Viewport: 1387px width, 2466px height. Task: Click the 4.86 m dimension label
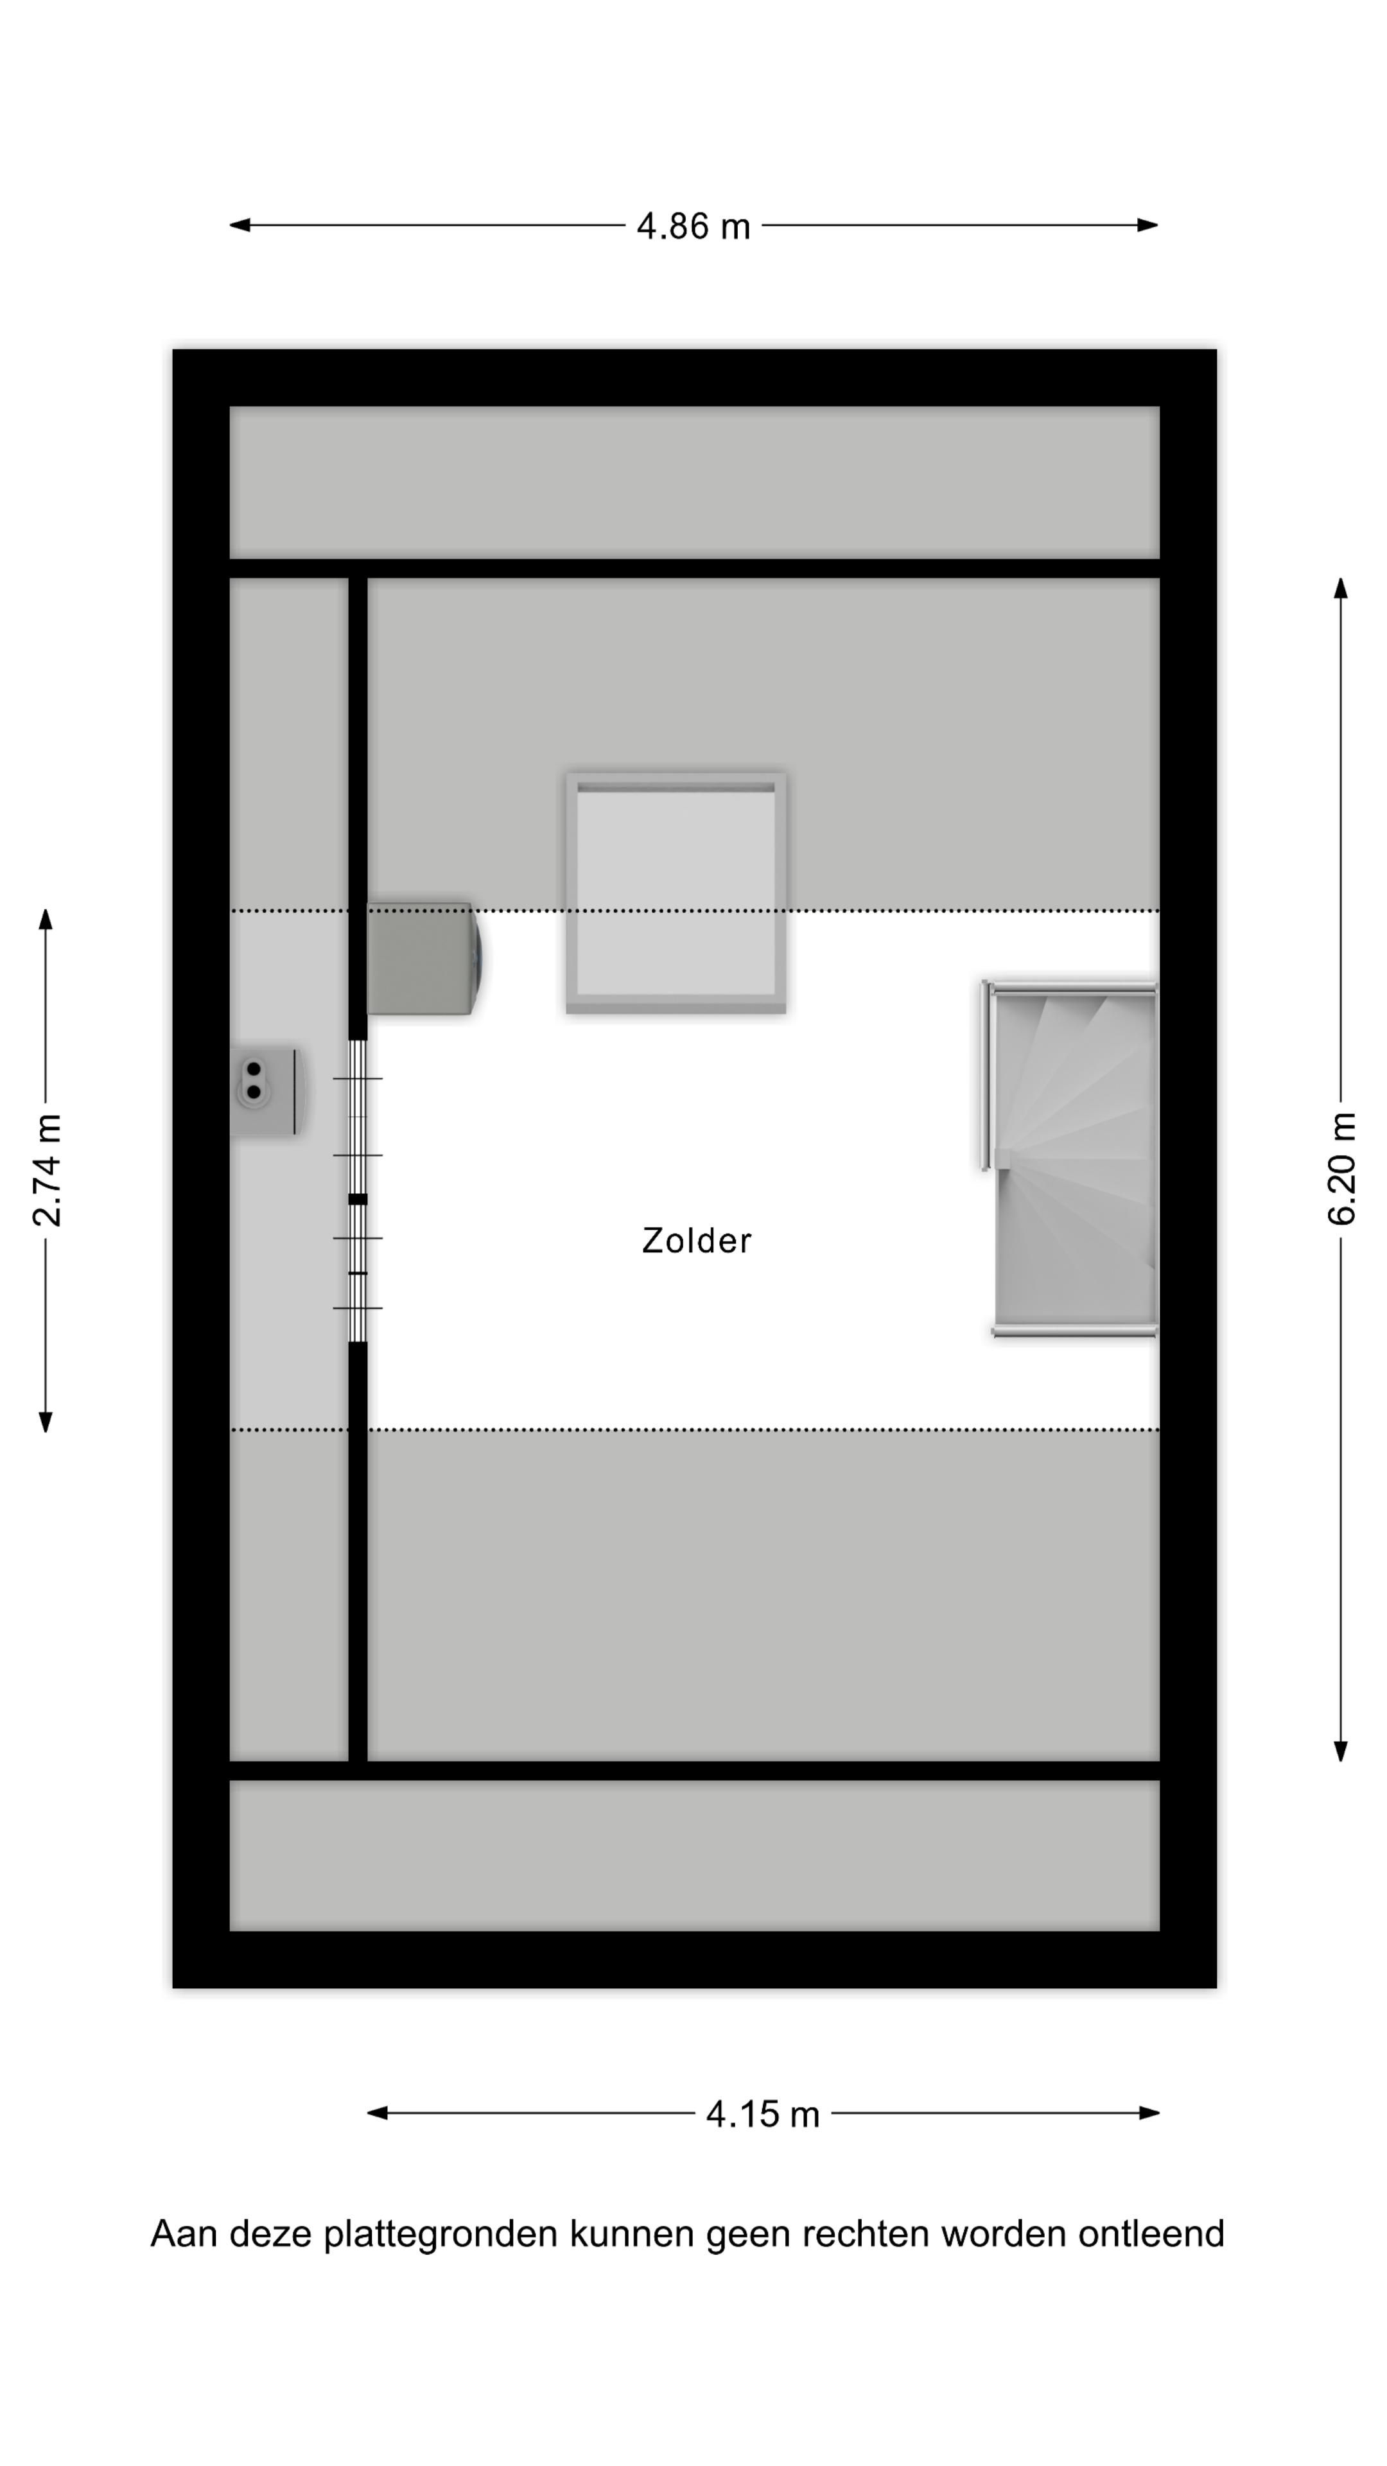693,227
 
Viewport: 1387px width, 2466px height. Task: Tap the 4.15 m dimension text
763,2113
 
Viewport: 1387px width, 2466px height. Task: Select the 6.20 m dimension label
1341,1169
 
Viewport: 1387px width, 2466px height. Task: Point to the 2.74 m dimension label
46,1170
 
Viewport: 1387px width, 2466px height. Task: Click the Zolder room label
696,1241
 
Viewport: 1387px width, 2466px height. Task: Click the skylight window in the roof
676,892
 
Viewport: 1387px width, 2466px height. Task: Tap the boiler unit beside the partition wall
421,958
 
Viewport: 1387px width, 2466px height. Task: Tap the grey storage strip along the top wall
694,482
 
